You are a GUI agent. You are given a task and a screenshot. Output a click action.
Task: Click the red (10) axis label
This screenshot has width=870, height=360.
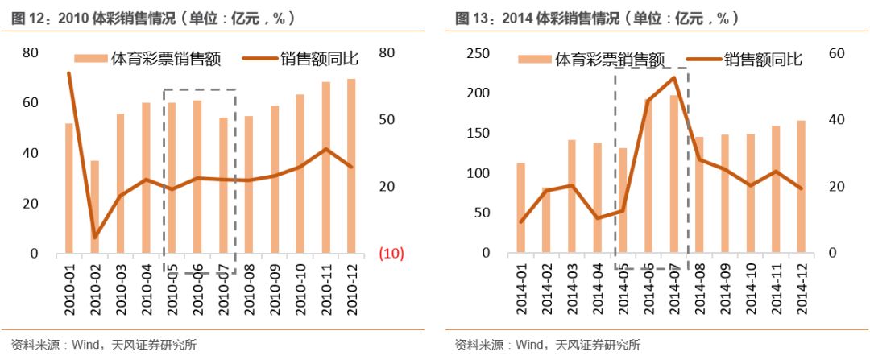(x=391, y=254)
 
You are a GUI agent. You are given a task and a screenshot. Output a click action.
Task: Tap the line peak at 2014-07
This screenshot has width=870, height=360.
(x=674, y=77)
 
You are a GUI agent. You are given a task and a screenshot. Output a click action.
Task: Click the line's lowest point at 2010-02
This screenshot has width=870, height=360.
(x=95, y=237)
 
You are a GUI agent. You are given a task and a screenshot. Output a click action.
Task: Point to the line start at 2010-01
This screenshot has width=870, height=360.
(x=69, y=73)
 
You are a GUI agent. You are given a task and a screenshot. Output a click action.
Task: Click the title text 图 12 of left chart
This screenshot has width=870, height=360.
(x=28, y=18)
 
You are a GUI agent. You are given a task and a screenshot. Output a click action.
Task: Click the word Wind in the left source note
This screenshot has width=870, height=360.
(x=85, y=346)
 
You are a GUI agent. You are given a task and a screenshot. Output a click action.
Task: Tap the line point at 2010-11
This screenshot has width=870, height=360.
(x=325, y=149)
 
